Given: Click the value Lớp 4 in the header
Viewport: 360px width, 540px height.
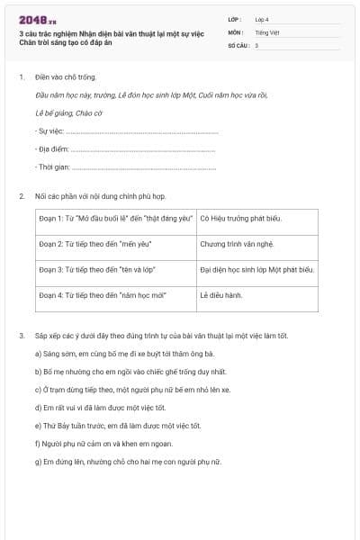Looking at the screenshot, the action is click(x=262, y=18).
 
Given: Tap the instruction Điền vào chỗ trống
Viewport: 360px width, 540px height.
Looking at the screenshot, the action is click(x=66, y=77).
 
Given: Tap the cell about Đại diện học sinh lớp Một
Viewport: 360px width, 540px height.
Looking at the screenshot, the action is click(x=256, y=269).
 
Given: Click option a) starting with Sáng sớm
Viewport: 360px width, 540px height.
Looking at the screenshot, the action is click(x=123, y=354).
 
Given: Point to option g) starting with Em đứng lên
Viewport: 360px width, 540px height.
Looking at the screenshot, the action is click(x=127, y=462).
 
